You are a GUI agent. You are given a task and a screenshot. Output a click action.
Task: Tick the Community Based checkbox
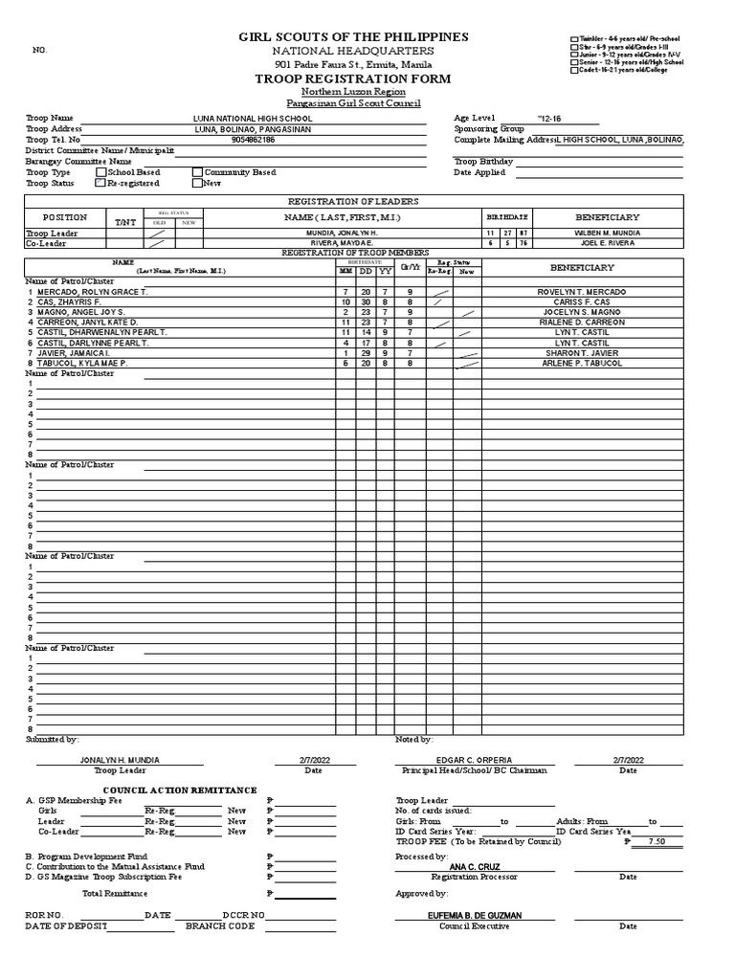click(x=197, y=172)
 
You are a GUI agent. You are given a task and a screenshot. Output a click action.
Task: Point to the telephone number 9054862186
click(x=253, y=140)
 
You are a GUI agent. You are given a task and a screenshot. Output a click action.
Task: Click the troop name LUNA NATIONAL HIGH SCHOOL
click(x=253, y=118)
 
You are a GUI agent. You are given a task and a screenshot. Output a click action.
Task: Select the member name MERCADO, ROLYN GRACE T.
click(x=92, y=291)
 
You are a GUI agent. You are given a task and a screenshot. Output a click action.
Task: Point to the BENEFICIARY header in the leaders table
click(x=608, y=217)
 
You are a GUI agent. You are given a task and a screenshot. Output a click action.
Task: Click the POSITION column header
click(x=64, y=218)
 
